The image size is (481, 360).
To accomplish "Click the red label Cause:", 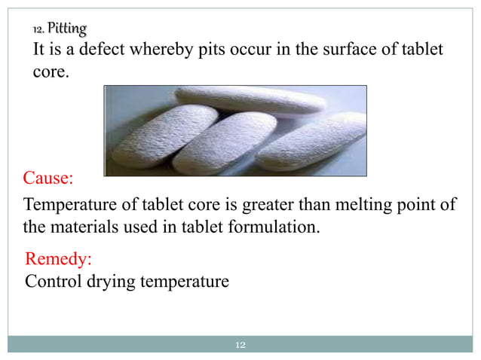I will [x=49, y=178].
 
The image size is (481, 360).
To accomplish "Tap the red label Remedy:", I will [x=59, y=260].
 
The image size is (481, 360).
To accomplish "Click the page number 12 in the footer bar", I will [x=241, y=345].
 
